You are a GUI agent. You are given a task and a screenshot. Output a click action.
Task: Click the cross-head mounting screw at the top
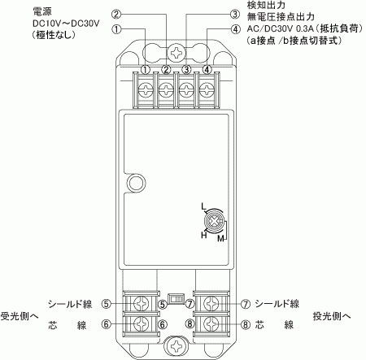click(x=176, y=53)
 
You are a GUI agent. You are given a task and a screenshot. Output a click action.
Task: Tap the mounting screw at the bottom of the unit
click(x=176, y=345)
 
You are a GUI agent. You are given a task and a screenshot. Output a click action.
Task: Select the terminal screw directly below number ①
click(x=146, y=89)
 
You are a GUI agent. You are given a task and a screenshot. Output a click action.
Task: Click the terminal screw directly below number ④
click(x=207, y=89)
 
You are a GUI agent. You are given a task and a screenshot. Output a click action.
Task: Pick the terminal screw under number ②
click(x=166, y=89)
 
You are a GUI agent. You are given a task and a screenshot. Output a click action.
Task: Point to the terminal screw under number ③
click(x=186, y=89)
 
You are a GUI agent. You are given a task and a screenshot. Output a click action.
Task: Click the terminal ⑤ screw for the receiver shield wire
click(x=142, y=304)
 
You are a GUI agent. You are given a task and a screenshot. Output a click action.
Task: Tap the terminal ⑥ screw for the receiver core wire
click(x=142, y=323)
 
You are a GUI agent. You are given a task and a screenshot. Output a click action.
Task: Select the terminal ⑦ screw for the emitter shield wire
click(x=211, y=304)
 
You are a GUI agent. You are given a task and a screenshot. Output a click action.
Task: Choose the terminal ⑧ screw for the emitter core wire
click(x=211, y=323)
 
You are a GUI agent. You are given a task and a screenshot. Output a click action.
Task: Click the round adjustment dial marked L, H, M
click(x=215, y=223)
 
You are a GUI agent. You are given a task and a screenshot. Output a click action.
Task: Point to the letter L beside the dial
click(x=203, y=206)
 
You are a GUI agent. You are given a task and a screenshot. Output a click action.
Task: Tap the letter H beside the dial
click(x=204, y=235)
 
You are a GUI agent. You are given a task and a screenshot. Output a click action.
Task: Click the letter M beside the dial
click(x=221, y=239)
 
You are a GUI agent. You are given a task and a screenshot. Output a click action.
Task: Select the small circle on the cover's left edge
click(x=137, y=183)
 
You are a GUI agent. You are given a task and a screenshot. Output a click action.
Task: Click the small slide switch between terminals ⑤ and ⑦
click(x=176, y=299)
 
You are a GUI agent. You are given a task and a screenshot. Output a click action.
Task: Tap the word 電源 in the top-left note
click(x=42, y=11)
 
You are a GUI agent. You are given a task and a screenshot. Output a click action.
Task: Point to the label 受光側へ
click(x=20, y=316)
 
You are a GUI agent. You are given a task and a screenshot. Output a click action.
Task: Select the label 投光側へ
click(x=332, y=316)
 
